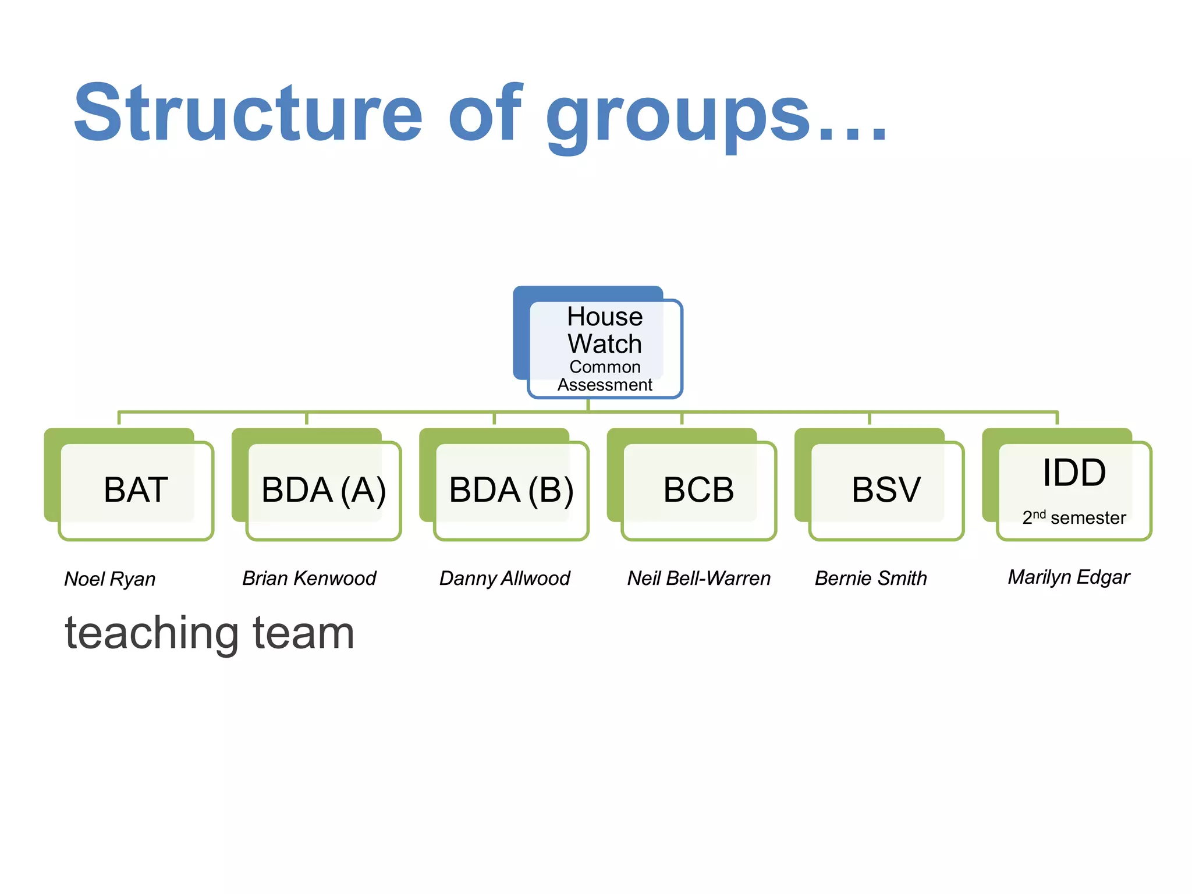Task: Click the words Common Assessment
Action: pos(605,376)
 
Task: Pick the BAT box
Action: pos(136,489)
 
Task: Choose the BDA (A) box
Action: pos(324,489)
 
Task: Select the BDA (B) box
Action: pos(511,489)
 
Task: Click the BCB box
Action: pos(698,489)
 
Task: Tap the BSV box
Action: pos(886,489)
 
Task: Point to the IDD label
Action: pos(1074,472)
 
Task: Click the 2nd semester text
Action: pos(1074,517)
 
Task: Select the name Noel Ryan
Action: pos(110,579)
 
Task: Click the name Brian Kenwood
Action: pos(309,579)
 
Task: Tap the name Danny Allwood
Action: pos(505,579)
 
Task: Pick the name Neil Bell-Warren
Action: pos(698,579)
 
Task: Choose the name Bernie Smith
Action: pos(871,579)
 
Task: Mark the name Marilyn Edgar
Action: pos(1069,577)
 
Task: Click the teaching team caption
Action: pos(210,633)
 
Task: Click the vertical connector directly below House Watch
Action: pos(588,405)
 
